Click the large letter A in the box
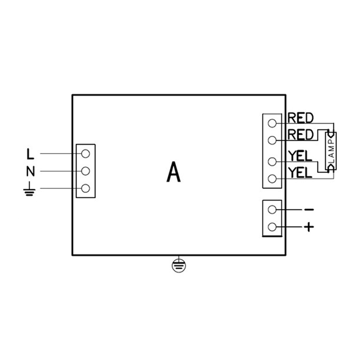(174, 172)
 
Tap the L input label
(30, 154)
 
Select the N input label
(31, 171)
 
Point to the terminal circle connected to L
(85, 154)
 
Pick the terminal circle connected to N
(85, 171)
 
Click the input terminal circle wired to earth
(85, 188)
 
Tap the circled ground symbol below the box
(179, 266)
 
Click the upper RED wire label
(300, 118)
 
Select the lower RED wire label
(300, 135)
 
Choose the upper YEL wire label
(300, 156)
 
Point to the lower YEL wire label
(300, 173)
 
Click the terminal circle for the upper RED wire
(272, 123)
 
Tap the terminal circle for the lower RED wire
(272, 140)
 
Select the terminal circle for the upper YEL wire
(272, 162)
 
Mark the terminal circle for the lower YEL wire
(272, 179)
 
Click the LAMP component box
(331, 151)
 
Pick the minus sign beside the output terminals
(309, 210)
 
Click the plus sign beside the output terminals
(309, 227)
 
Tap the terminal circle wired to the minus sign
(272, 210)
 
